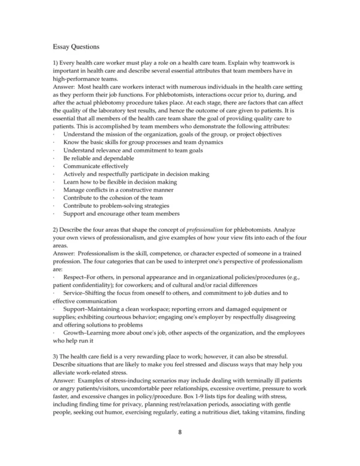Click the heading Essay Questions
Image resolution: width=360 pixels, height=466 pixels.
(x=76, y=46)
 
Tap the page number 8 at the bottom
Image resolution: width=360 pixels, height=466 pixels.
(x=179, y=431)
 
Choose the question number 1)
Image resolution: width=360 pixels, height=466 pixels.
(x=56, y=62)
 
